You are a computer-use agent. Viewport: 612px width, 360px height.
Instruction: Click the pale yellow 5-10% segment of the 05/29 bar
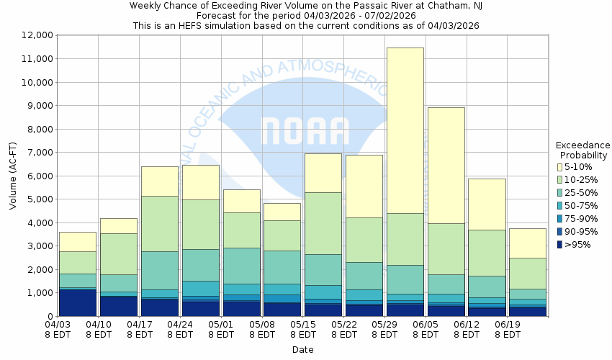405,130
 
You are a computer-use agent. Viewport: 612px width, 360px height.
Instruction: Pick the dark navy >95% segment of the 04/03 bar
77,302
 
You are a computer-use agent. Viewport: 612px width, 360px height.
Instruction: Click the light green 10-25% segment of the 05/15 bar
323,223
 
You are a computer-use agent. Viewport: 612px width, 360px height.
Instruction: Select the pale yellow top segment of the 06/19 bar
528,243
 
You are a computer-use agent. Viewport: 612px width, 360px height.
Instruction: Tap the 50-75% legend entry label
581,205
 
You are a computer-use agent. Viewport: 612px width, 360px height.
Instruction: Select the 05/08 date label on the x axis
263,330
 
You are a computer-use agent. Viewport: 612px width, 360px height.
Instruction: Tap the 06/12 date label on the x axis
468,330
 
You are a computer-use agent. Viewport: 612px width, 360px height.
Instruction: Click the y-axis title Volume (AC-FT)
13,176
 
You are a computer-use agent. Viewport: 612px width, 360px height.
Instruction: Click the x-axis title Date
302,350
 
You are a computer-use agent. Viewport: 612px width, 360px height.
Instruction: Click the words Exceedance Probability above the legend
582,150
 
